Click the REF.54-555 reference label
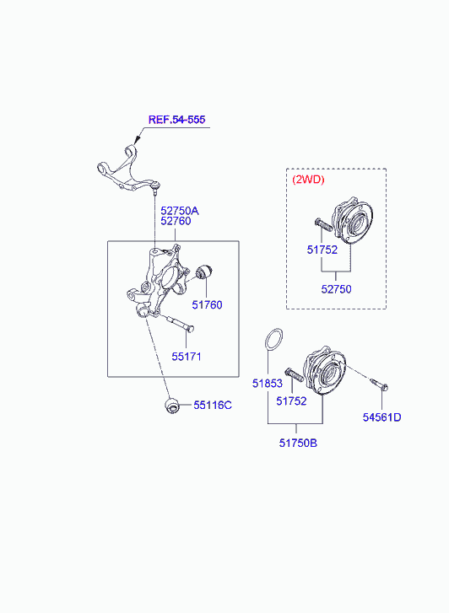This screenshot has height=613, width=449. (x=176, y=120)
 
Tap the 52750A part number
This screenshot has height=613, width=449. (x=180, y=211)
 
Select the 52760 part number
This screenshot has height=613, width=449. (x=176, y=221)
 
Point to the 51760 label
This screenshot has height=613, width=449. (x=207, y=305)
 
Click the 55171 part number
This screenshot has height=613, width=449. (x=187, y=357)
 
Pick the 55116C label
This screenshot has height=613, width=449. (x=213, y=406)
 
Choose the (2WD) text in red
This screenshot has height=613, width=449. (x=308, y=180)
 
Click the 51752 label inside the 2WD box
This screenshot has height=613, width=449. (x=322, y=250)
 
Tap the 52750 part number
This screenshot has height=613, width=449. (x=336, y=289)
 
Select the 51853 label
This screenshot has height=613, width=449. (x=268, y=384)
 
